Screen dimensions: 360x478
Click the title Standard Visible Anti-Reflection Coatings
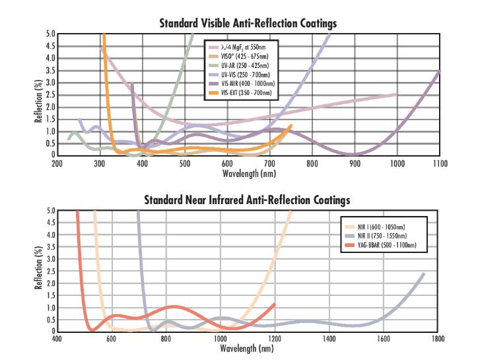pos(248,23)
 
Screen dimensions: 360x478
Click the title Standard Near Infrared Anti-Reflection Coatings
pos(247,199)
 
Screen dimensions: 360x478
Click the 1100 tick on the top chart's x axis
pos(439,163)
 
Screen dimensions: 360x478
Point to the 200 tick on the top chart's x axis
pos(57,163)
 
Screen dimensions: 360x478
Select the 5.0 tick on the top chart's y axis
pos(50,34)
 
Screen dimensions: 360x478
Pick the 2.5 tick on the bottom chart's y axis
pos(50,271)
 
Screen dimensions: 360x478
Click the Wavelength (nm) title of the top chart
pos(248,172)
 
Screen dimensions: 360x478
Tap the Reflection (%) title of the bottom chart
pos(38,271)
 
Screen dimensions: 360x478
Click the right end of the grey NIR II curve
pos(423,273)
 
